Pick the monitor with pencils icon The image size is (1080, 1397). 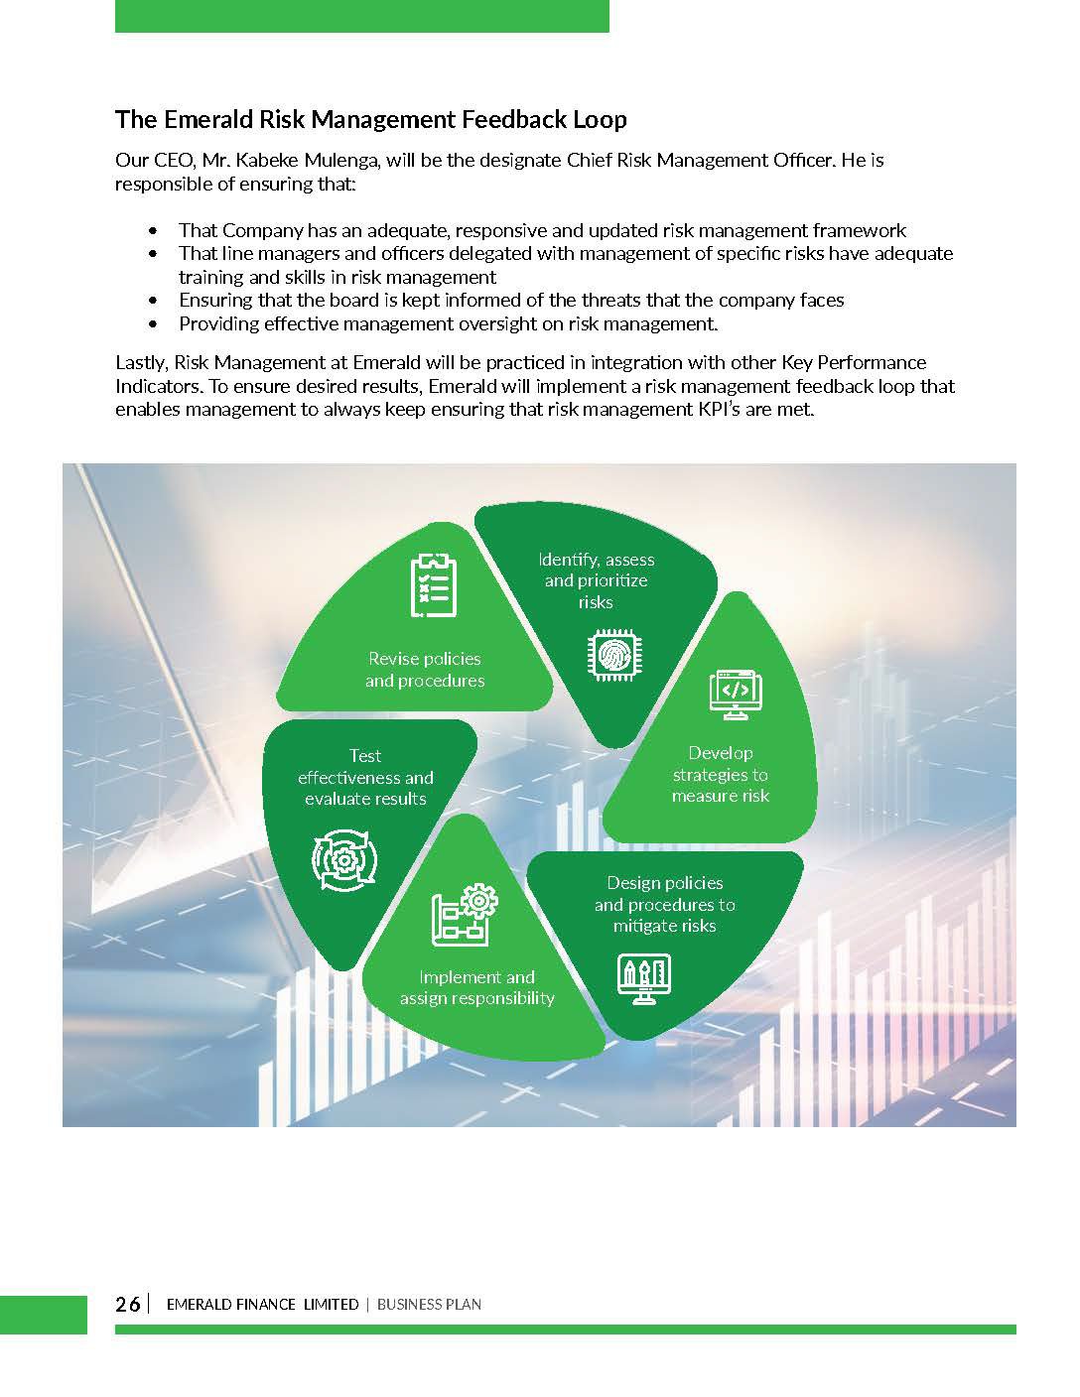tap(644, 979)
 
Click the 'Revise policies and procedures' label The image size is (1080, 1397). tap(425, 670)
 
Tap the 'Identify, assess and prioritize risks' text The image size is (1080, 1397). tap(596, 580)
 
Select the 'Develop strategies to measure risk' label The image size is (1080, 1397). tap(721, 774)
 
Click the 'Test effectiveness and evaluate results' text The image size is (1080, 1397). tap(365, 777)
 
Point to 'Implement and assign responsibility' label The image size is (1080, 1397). tap(476, 987)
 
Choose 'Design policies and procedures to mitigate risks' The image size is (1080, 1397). tap(665, 904)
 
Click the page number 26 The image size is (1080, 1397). tap(128, 1304)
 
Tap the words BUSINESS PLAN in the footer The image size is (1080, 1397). tap(429, 1304)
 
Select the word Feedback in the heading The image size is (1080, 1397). tap(519, 120)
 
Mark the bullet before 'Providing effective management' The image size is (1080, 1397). tap(152, 324)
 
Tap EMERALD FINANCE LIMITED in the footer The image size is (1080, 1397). tap(262, 1304)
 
